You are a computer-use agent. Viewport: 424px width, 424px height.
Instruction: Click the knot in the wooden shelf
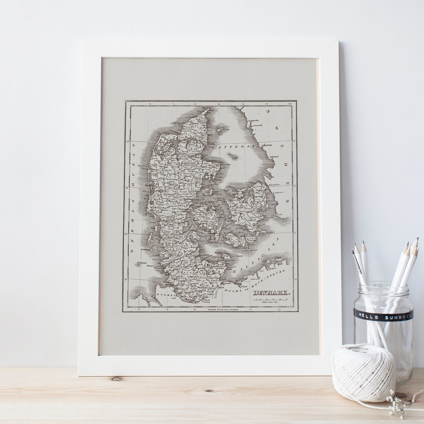[x=116, y=379]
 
